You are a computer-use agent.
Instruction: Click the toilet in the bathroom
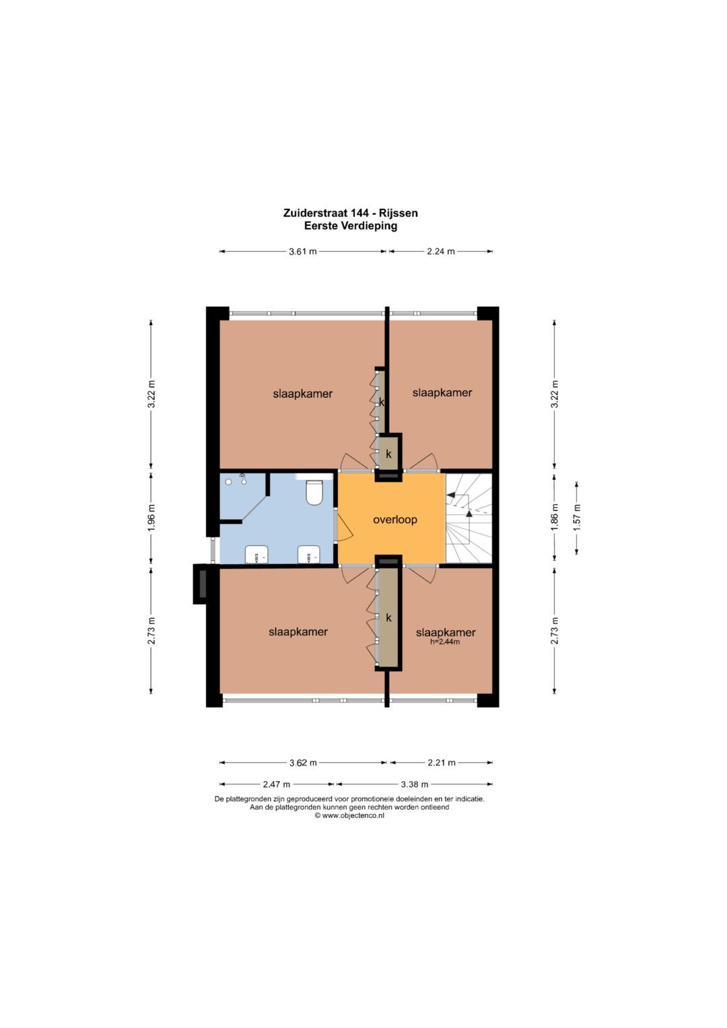(314, 492)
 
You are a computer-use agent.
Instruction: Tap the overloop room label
(394, 520)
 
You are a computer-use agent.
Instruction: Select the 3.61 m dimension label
(302, 252)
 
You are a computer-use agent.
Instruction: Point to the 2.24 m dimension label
(441, 252)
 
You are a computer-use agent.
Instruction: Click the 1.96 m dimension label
(151, 518)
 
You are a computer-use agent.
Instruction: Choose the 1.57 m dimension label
(576, 518)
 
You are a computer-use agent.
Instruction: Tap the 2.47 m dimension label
(276, 784)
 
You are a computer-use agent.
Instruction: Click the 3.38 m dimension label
(415, 784)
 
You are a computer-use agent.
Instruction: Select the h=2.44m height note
(445, 642)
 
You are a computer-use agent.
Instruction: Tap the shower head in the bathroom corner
(242, 479)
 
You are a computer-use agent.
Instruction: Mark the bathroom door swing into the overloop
(345, 527)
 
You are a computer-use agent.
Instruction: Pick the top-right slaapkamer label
(442, 392)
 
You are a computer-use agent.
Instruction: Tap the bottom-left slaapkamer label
(298, 631)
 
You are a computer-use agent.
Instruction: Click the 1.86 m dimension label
(555, 518)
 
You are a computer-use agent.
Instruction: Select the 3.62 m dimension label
(303, 763)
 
